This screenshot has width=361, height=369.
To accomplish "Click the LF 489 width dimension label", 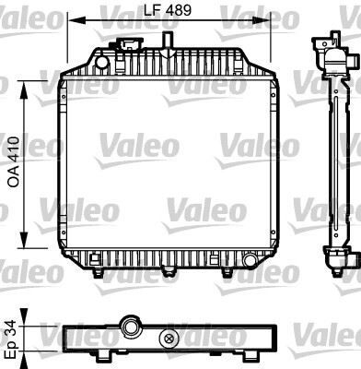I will [x=169, y=11].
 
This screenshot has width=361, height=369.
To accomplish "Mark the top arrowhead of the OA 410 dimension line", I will [x=34, y=82].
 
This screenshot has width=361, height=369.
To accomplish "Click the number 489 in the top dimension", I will [x=179, y=11].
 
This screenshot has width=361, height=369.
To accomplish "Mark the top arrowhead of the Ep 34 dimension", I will [x=34, y=315].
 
